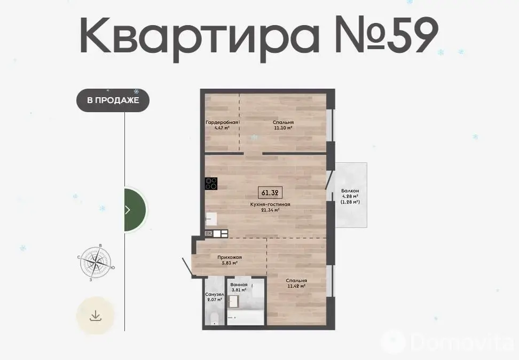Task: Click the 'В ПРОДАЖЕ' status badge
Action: tap(113, 100)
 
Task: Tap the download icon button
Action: tap(96, 316)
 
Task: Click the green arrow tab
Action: tap(135, 209)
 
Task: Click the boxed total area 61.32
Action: tap(270, 192)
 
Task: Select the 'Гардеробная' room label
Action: tap(222, 122)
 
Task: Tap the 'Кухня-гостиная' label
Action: tap(270, 205)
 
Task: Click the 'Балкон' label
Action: tap(350, 191)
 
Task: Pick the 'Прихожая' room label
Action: tap(230, 257)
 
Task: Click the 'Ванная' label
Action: tap(239, 285)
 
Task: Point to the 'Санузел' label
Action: tap(215, 294)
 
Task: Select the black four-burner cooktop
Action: tap(211, 184)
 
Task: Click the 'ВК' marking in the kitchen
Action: tap(209, 233)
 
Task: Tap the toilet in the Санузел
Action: tap(214, 318)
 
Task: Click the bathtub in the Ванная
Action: tap(246, 317)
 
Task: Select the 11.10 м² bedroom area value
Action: tap(284, 128)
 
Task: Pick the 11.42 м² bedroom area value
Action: tap(296, 286)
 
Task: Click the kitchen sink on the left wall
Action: tap(211, 218)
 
